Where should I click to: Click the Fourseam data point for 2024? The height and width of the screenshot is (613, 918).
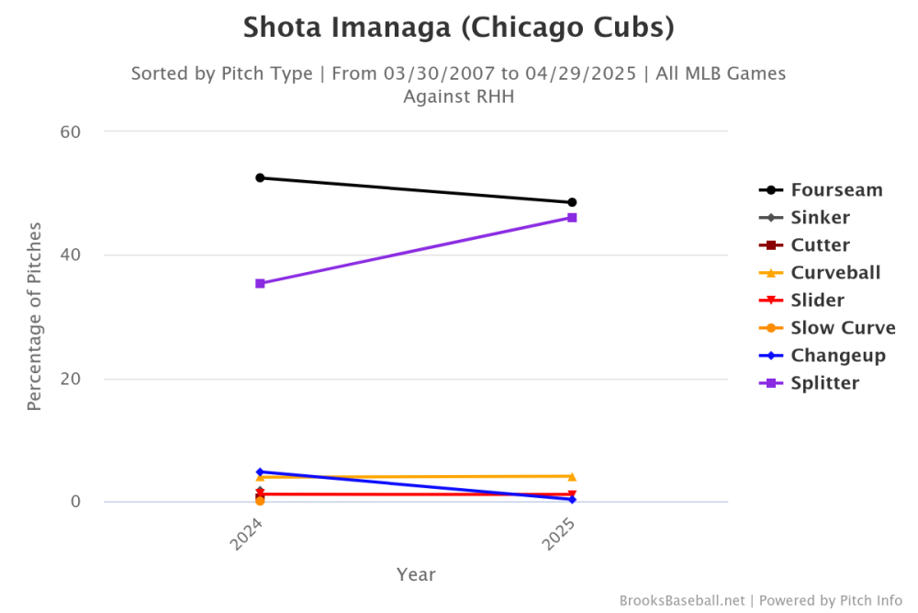260,177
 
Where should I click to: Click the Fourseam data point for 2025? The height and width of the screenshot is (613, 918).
572,202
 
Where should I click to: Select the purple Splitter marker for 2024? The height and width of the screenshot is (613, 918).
260,283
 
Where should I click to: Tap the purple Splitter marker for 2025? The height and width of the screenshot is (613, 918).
572,218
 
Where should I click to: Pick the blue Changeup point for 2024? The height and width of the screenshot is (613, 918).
260,471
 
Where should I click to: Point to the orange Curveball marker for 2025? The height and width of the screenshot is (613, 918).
572,476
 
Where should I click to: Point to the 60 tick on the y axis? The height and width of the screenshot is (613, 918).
72,131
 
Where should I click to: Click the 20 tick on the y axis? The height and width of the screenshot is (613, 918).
72,379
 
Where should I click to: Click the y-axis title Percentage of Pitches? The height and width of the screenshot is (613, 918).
34,315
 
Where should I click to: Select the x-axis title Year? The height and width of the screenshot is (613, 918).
416,574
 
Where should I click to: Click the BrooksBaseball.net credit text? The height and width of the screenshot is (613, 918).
683,600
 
